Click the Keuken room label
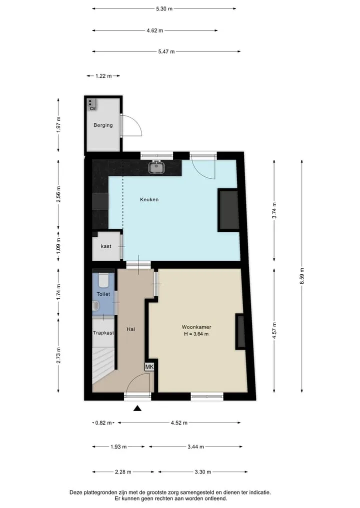click(x=149, y=200)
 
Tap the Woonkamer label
click(x=196, y=327)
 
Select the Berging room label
click(x=103, y=125)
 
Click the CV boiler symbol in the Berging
click(x=91, y=104)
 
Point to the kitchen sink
click(x=156, y=167)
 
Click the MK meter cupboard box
click(x=149, y=367)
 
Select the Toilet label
click(x=103, y=294)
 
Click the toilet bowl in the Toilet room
click(x=103, y=280)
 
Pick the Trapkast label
click(x=103, y=333)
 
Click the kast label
click(x=106, y=246)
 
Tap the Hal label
click(x=130, y=329)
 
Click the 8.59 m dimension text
click(x=302, y=276)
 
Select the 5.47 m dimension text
click(x=166, y=51)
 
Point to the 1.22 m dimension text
click(x=103, y=76)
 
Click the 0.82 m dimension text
click(x=103, y=423)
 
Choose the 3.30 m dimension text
click(x=202, y=472)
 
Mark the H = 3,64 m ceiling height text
click(x=196, y=334)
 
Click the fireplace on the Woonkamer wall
click(x=240, y=332)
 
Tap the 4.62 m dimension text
click(x=154, y=31)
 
